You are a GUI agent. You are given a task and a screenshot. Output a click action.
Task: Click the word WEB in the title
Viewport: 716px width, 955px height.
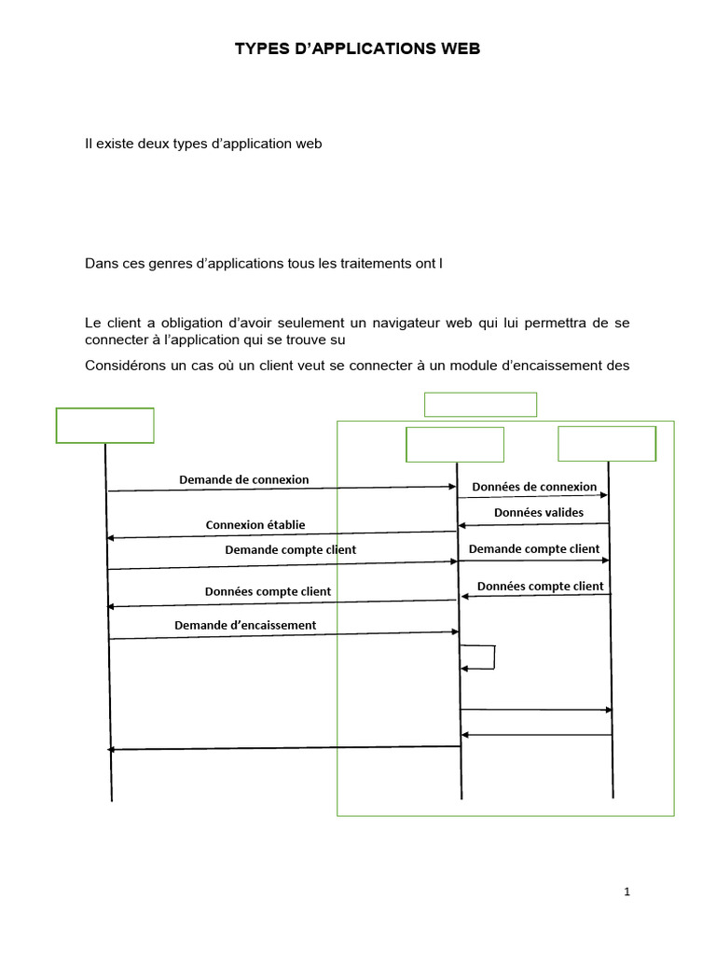coord(460,48)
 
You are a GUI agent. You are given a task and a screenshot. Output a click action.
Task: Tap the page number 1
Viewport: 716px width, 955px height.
coord(627,892)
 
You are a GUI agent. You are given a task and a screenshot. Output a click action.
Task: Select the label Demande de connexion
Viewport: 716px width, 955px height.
coord(243,479)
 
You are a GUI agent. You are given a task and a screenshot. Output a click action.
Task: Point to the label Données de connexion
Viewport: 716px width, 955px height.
coord(534,486)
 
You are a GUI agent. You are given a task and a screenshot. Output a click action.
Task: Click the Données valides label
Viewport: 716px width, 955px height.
coord(539,512)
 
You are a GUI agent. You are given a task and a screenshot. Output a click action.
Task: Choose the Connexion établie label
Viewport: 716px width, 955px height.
coord(255,524)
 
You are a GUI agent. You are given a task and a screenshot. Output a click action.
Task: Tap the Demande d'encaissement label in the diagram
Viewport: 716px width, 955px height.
coord(245,625)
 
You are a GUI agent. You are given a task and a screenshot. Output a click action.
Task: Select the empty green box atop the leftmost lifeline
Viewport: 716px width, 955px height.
coord(104,425)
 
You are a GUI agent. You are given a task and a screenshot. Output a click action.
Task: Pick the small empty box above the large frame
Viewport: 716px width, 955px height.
coord(480,404)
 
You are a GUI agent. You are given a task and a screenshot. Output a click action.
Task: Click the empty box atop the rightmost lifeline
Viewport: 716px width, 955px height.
coord(606,443)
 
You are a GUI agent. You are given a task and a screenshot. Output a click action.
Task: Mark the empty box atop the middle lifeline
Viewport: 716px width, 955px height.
coord(455,444)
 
